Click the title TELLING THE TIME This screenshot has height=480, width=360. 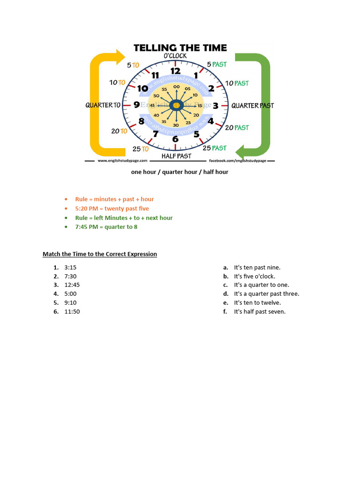pos(180,47)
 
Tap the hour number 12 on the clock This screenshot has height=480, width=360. pos(175,71)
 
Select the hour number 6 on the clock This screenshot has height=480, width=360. pos(175,139)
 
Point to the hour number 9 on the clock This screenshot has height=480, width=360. pos(136,105)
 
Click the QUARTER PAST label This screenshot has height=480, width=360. pos(252,105)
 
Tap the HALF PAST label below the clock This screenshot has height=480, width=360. pos(176,156)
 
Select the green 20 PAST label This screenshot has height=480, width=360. pos(237,127)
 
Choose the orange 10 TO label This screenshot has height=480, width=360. pos(117,82)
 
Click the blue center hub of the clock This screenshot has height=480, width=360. pos(176,105)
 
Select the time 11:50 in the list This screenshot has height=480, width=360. pos(72,312)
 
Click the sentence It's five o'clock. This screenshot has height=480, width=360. pos(255,276)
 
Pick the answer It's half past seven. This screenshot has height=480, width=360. pos(260,312)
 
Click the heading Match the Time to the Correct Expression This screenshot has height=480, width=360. pos(100,254)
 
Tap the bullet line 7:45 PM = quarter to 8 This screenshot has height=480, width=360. pos(106,227)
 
